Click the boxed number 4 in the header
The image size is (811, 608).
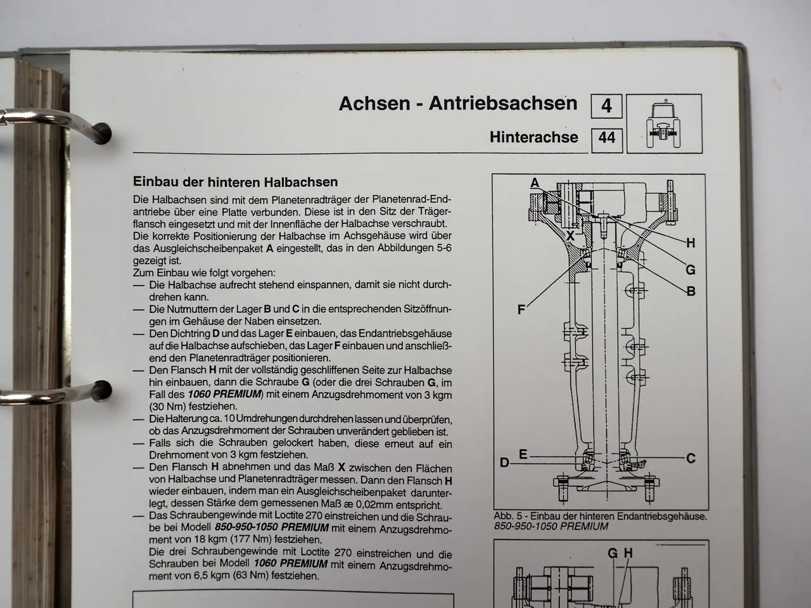pyautogui.click(x=606, y=106)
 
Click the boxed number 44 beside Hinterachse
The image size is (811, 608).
pyautogui.click(x=606, y=137)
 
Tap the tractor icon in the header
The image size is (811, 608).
pyautogui.click(x=663, y=123)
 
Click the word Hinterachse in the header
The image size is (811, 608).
pyautogui.click(x=533, y=137)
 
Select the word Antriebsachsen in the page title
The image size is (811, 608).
pyautogui.click(x=503, y=103)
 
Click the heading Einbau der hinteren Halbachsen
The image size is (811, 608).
pyautogui.click(x=235, y=182)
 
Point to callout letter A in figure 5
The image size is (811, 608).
pyautogui.click(x=535, y=183)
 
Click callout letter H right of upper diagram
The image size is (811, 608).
pyautogui.click(x=691, y=243)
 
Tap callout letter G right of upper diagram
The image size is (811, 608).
pyautogui.click(x=691, y=270)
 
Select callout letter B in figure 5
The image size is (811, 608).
pyautogui.click(x=691, y=291)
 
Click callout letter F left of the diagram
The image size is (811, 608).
pyautogui.click(x=521, y=310)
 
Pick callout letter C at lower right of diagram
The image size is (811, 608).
pyautogui.click(x=691, y=458)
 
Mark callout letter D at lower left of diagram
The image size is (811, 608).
pyautogui.click(x=504, y=463)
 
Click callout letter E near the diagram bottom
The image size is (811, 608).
pyautogui.click(x=523, y=454)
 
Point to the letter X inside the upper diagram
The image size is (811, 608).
pyautogui.click(x=570, y=235)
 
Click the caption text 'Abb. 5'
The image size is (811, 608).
pyautogui.click(x=508, y=516)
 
